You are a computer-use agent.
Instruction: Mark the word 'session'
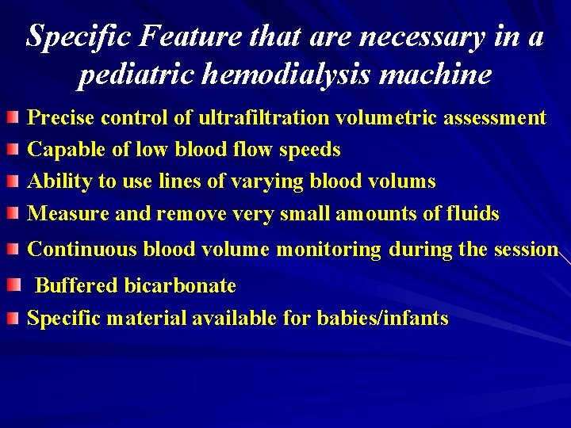527,249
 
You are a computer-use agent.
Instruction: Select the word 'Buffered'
76,285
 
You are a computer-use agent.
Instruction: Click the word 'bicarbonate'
181,285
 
